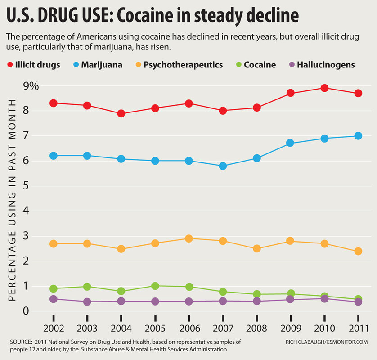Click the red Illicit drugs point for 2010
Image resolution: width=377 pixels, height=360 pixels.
pos(324,88)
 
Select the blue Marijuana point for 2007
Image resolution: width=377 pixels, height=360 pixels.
pos(223,166)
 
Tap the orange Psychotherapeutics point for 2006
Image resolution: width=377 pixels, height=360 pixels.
pos(189,238)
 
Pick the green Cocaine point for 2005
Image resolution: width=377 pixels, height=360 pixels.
pos(155,286)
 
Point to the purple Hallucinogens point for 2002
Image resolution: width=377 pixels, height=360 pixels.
pos(53,299)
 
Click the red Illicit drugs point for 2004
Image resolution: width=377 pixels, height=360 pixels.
pos(121,113)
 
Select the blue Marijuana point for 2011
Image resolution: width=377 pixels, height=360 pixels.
pos(358,136)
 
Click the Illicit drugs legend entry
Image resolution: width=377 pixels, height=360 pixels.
pos(36,65)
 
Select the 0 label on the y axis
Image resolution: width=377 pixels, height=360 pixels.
pos(27,310)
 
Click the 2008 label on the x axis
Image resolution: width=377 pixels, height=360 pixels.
pos(256,329)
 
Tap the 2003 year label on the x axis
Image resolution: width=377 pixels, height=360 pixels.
pos(87,329)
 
